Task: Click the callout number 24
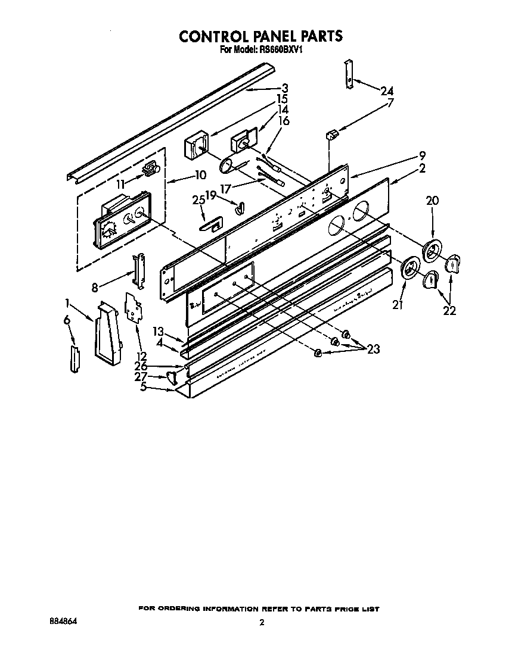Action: coord(387,91)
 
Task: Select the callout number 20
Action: coord(432,201)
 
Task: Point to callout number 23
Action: coord(374,350)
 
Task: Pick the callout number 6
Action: coord(67,320)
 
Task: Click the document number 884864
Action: coord(64,620)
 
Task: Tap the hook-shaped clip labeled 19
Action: coord(239,206)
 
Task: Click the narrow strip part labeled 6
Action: coord(75,359)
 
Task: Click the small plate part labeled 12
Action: coord(135,307)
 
